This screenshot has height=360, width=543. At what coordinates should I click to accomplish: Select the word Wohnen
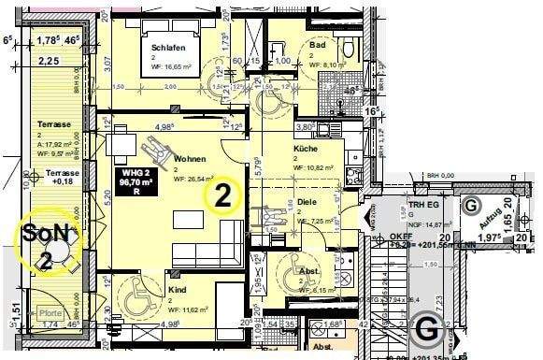[189, 159]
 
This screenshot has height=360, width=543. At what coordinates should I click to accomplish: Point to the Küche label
[307, 149]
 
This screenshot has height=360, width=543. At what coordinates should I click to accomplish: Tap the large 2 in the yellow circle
[224, 194]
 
